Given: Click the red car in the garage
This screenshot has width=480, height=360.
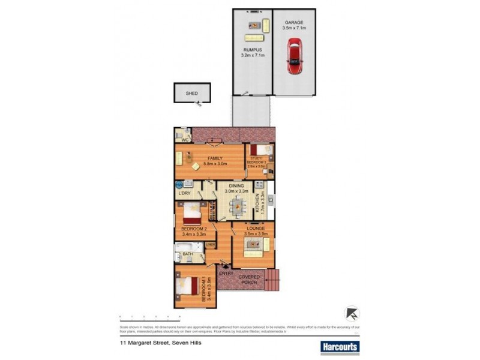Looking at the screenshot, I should pyautogui.click(x=295, y=56).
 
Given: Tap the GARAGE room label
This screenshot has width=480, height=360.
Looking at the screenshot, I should pyautogui.click(x=295, y=22).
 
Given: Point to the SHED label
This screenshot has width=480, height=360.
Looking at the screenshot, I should pyautogui.click(x=191, y=94).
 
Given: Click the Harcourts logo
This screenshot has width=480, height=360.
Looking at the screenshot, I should pyautogui.click(x=340, y=346).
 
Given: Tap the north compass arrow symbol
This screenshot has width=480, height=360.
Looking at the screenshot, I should pyautogui.click(x=352, y=313).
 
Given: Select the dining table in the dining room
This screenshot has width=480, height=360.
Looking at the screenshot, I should pyautogui.click(x=236, y=208).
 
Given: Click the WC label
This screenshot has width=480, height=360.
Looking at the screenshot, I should pyautogui.click(x=185, y=140).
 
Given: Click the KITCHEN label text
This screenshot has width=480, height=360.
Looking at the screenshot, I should pyautogui.click(x=257, y=204).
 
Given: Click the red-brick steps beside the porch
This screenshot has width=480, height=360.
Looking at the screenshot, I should pyautogui.click(x=274, y=279).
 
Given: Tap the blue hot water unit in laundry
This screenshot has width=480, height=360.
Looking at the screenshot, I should pyautogui.click(x=179, y=185).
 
